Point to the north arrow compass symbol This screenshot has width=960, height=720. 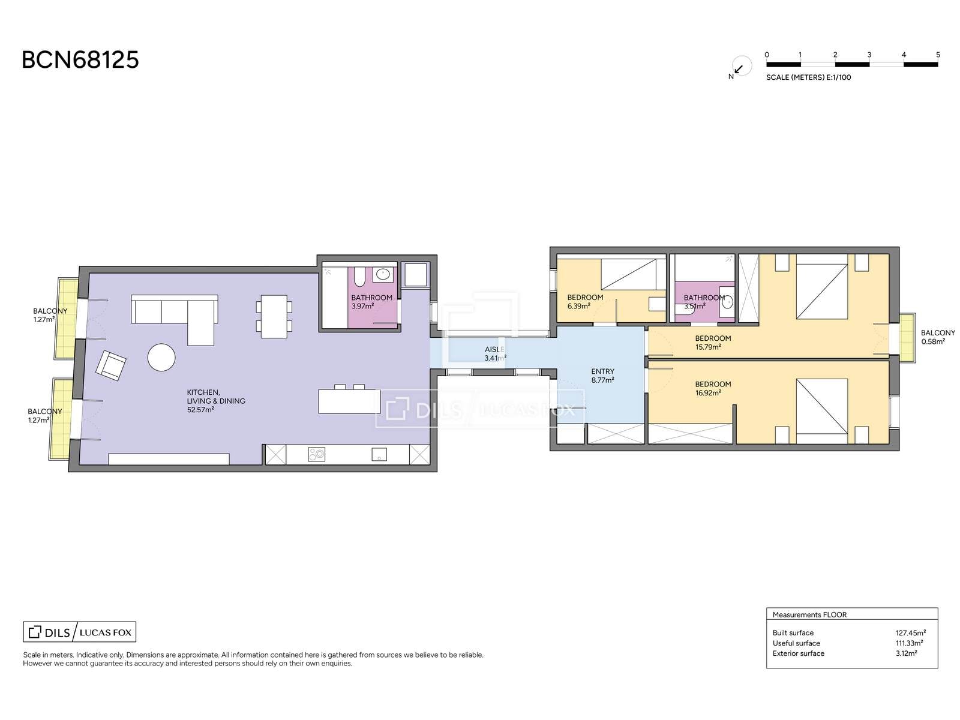pos(741,67)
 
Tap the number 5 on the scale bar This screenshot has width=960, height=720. pos(938,55)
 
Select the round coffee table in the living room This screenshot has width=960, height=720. pos(161,357)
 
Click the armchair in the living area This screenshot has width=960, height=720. pos(111,365)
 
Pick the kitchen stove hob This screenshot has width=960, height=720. pos(316,454)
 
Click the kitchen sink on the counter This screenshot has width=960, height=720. pos(379,454)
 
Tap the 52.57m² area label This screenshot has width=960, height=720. pos(200,410)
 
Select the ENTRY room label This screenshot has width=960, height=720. pos(602,371)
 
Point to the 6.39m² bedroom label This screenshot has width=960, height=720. pos(578,306)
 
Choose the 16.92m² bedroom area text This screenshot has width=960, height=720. pos(708,392)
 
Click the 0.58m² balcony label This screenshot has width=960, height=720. pos(934,341)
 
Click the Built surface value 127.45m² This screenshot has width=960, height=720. pos(911,632)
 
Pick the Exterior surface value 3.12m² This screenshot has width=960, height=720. pos(906,653)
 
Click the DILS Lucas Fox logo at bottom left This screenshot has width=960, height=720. pos(80,632)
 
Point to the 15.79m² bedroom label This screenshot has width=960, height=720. pos(708,347)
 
